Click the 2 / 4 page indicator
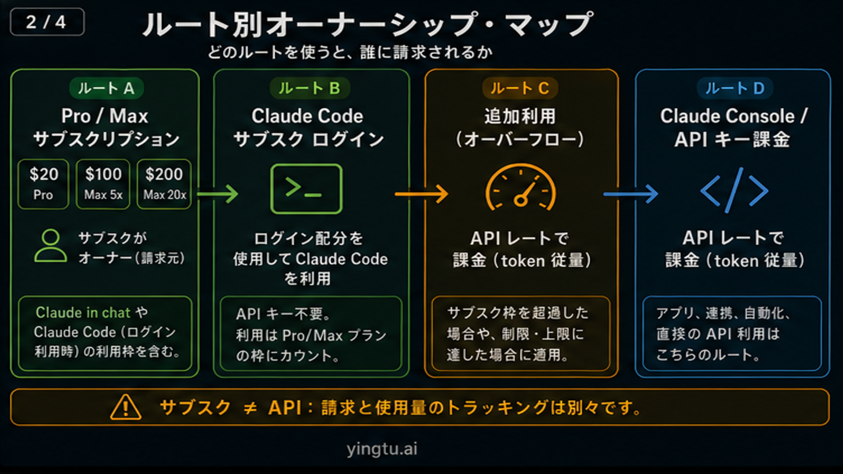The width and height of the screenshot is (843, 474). tap(47, 22)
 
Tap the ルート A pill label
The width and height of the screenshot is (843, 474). tap(106, 88)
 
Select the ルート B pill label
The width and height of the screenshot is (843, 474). tap(309, 88)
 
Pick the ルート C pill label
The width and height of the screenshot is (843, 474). tap(520, 88)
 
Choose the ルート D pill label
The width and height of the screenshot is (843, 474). tap(735, 88)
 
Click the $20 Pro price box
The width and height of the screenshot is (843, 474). tap(43, 184)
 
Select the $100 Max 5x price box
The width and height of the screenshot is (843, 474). tap(103, 184)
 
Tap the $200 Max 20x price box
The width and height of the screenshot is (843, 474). tap(164, 184)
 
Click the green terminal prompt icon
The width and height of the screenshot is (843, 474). tap(306, 189)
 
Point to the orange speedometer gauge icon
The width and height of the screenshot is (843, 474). tap(521, 188)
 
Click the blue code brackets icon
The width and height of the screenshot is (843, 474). tap(734, 190)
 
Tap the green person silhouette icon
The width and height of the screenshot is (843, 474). tap(51, 246)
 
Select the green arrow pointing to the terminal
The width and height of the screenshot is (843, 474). tap(218, 194)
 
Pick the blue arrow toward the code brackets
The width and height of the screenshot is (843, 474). tap(630, 194)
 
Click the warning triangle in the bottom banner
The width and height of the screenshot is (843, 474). tap(126, 407)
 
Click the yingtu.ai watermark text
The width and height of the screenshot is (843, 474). tap(382, 449)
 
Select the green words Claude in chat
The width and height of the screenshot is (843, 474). tap(83, 312)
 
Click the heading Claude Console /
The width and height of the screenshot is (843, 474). tap(733, 116)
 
